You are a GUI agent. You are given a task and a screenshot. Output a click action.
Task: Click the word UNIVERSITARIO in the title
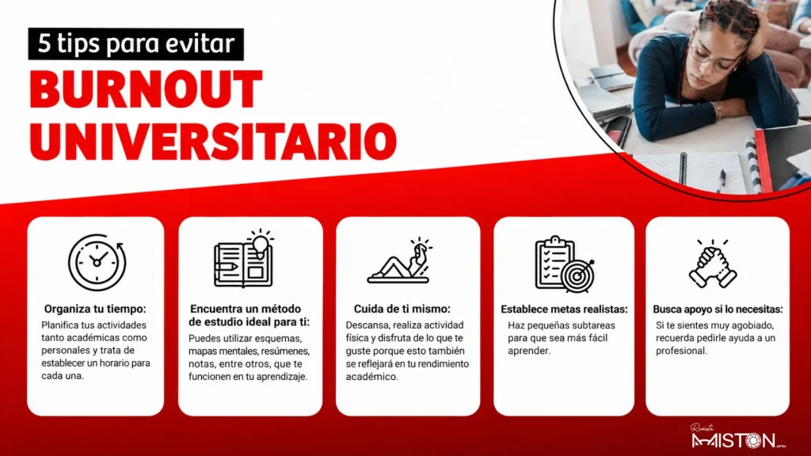213,142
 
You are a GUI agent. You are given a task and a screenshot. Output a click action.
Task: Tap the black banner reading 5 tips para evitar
136,44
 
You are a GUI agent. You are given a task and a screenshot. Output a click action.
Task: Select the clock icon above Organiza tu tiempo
97,262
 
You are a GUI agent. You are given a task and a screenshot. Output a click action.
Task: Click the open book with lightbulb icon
244,259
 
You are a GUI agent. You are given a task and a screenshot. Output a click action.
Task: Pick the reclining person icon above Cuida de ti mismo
399,260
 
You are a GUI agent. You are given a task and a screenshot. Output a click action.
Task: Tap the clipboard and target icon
564,264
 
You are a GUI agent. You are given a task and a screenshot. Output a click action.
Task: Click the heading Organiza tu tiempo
95,310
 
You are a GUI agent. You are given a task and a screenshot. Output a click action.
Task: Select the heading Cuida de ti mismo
402,310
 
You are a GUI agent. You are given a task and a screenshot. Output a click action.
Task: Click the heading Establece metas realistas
564,310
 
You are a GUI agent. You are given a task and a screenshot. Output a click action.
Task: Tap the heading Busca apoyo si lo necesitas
718,310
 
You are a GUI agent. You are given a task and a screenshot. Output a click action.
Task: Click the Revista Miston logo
738,437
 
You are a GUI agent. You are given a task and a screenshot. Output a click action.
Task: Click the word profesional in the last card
681,351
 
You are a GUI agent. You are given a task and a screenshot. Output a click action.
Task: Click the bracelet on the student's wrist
718,111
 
